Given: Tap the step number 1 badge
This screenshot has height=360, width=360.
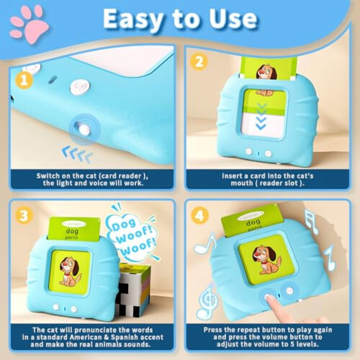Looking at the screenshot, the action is [x=24, y=81].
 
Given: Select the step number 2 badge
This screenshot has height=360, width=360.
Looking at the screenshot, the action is [x=199, y=62].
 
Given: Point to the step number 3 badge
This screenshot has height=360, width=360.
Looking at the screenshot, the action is [x=24, y=216].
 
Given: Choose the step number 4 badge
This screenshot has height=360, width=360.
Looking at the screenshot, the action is [x=199, y=216].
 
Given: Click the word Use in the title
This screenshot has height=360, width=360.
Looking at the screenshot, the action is [x=233, y=19].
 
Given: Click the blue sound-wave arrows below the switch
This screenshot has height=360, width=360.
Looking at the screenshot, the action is [x=77, y=153].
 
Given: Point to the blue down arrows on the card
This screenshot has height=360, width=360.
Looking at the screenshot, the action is [x=261, y=117].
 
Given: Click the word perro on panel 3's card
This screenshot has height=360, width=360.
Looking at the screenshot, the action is [x=71, y=238].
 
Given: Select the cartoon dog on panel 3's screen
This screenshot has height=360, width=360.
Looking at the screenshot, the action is [x=70, y=271].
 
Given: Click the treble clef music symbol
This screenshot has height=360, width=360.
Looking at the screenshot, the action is [x=208, y=302].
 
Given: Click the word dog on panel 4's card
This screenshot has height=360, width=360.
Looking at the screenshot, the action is [x=253, y=222].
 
